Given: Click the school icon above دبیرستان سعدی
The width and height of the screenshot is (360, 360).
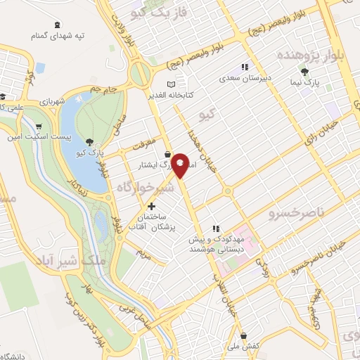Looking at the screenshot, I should click(243, 67).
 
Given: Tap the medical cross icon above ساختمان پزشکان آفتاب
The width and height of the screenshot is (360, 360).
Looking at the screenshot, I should click(151, 207).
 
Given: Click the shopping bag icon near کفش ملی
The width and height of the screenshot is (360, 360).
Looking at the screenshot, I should click(243, 336).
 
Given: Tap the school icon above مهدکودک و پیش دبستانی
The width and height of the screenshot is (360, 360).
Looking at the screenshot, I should click(218, 228).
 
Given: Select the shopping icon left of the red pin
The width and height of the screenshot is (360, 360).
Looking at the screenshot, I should click(167, 155).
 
